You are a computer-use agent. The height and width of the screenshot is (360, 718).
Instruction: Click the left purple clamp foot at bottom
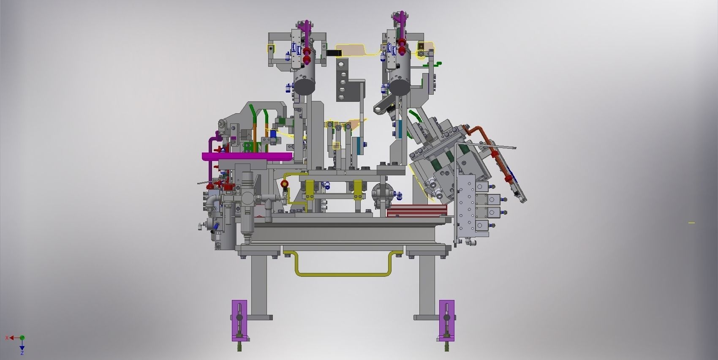[x=239, y=320]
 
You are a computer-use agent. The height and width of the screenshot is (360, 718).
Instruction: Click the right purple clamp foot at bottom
[x=446, y=320]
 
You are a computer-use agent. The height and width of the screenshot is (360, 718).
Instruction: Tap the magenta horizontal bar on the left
[x=247, y=157]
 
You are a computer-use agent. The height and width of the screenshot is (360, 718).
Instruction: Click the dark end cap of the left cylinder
[x=305, y=87]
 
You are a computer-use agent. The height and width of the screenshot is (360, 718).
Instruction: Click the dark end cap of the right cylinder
[x=400, y=87]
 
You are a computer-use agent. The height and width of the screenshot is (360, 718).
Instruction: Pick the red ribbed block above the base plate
[x=416, y=210]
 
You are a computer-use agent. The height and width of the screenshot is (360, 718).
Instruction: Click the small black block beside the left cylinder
[x=335, y=53]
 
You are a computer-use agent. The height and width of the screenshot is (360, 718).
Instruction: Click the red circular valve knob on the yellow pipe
[x=285, y=184]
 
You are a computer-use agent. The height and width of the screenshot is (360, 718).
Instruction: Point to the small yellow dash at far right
[x=691, y=223]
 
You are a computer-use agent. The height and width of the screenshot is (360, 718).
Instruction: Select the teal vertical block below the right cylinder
[x=399, y=129]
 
